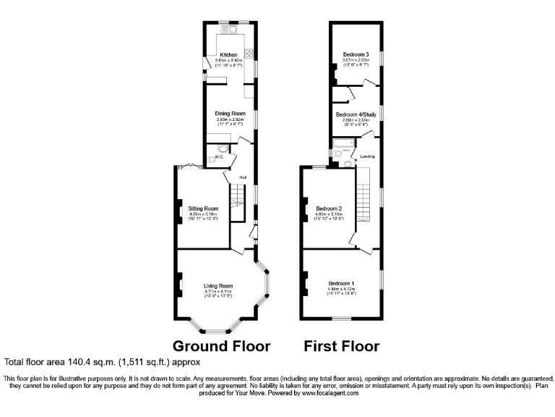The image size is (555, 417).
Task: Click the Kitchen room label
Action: (228, 55)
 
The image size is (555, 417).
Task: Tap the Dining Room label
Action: (231, 114)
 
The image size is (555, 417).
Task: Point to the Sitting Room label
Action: (203, 208)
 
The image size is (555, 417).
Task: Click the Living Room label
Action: (218, 286)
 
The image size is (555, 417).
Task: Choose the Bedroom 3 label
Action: (356, 55)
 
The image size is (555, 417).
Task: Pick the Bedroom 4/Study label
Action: (356, 114)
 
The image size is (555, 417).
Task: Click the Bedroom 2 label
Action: (329, 209)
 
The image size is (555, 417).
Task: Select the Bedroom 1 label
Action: (342, 283)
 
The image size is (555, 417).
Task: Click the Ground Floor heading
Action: (220, 345)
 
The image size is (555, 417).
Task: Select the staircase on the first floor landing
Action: (363, 194)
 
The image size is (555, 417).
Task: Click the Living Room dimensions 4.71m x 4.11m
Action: (218, 292)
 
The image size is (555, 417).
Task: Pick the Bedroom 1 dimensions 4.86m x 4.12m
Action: (342, 290)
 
